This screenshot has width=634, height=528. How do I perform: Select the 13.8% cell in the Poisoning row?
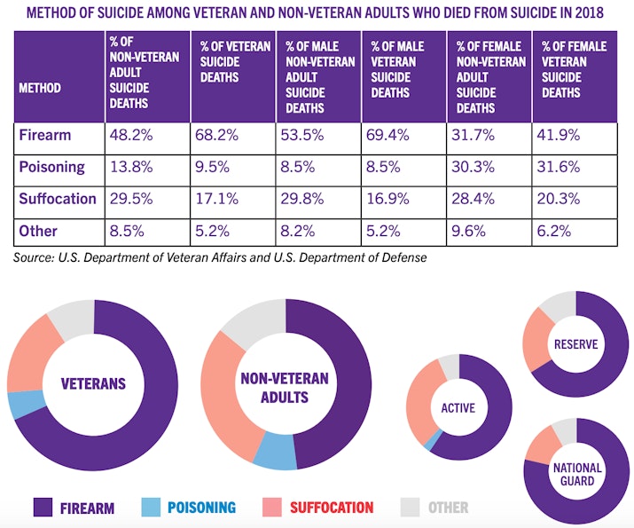point(129,167)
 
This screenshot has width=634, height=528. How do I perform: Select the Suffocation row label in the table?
point(58,199)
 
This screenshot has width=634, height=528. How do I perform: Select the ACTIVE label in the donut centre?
point(458,408)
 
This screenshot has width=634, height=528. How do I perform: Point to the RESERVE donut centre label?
point(575,344)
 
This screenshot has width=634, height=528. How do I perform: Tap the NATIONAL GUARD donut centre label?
point(578,475)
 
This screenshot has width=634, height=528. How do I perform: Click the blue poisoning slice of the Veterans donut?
point(17,404)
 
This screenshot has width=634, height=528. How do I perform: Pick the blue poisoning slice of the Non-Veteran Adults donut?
point(274,451)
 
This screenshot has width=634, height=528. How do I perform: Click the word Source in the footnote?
point(35,258)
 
